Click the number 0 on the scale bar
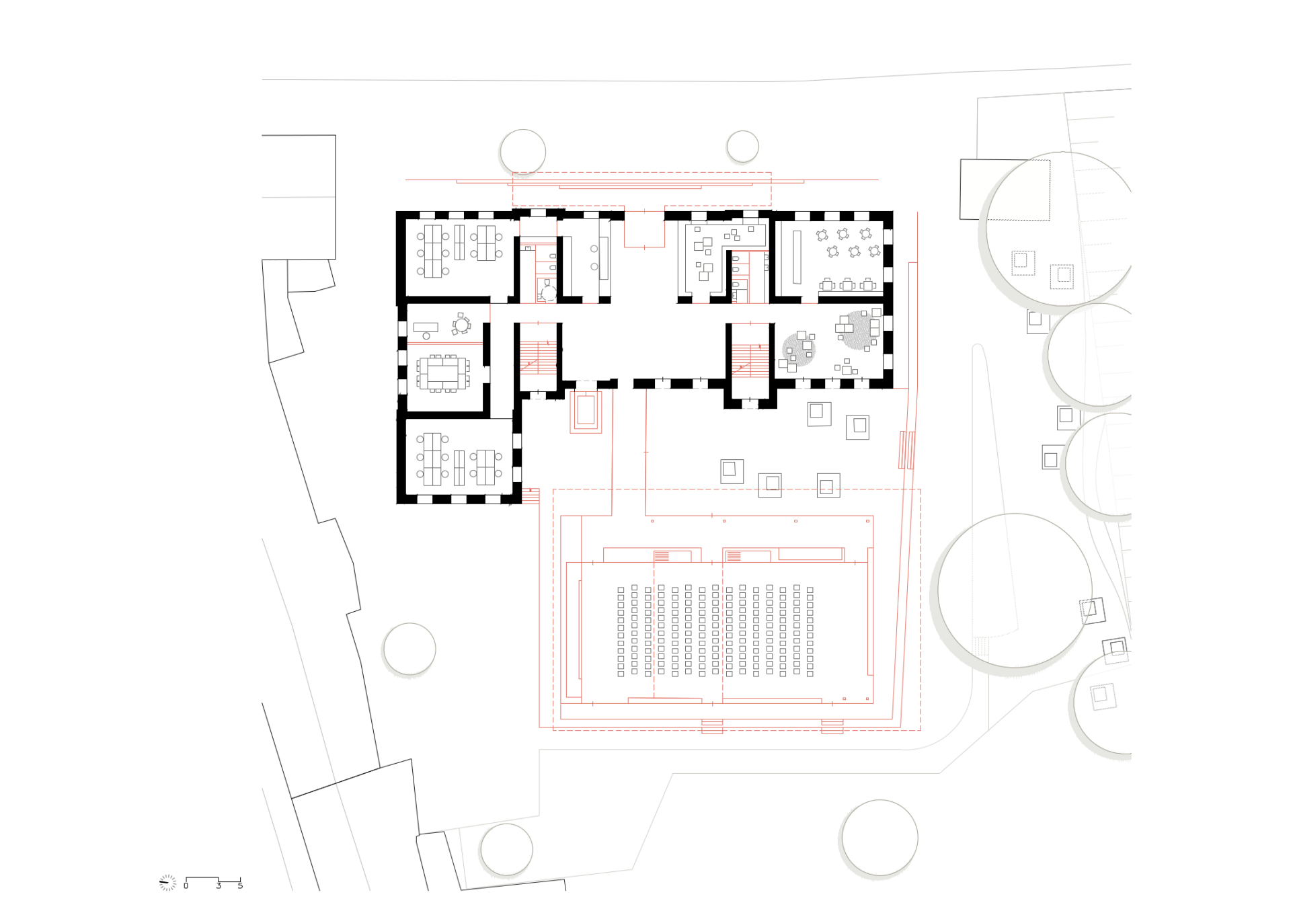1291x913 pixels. [x=186, y=886]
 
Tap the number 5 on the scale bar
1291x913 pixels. [x=240, y=886]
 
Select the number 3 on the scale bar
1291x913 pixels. [x=219, y=886]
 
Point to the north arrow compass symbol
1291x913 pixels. [x=167, y=882]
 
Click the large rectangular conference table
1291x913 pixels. [x=443, y=373]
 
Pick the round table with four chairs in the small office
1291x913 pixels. [x=461, y=325]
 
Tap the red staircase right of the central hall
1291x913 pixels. [x=750, y=360]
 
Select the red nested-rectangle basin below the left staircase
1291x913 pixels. [x=586, y=411]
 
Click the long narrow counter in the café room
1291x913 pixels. [x=797, y=257]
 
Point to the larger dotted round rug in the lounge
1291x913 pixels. [x=859, y=329]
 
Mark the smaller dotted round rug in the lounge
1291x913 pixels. [x=799, y=351]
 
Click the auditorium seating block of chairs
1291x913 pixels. [x=715, y=631]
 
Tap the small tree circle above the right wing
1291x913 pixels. [x=742, y=147]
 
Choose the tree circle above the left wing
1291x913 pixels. [x=522, y=152]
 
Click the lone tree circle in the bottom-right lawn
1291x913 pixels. [x=879, y=838]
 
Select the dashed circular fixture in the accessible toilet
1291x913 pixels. [x=549, y=293]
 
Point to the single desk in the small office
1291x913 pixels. [x=426, y=327]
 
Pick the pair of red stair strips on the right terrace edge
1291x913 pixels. [x=907, y=450]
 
